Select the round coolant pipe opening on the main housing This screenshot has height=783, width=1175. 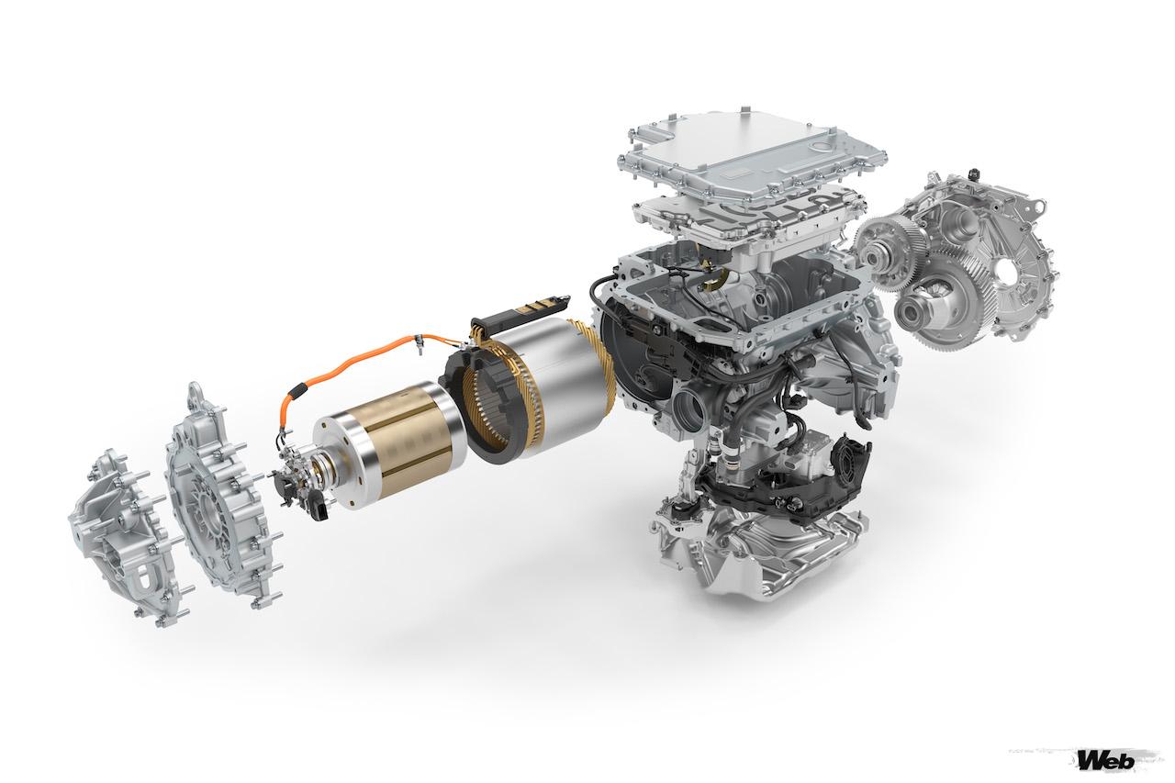[690, 404]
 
